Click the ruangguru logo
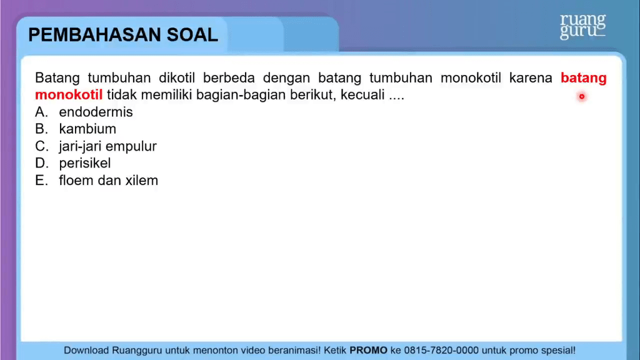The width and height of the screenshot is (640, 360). click(x=582, y=26)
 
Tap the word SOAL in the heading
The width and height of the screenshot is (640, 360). click(x=192, y=35)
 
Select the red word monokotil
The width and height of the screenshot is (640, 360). click(x=69, y=95)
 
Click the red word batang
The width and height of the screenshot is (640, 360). click(x=584, y=78)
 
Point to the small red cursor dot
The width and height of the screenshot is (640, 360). click(x=582, y=97)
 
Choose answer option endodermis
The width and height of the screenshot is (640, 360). click(x=96, y=112)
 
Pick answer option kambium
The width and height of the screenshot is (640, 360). click(x=87, y=129)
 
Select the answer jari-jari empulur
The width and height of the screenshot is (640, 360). click(x=107, y=146)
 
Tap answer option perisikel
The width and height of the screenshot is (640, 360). click(x=85, y=163)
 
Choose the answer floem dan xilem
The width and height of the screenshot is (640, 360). click(x=109, y=181)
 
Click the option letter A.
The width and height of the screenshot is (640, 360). click(x=41, y=112)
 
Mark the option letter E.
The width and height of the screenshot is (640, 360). click(x=41, y=181)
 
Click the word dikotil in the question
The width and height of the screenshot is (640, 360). click(x=177, y=77)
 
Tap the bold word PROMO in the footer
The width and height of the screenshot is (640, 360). click(x=368, y=350)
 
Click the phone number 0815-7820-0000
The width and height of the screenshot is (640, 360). click(x=441, y=350)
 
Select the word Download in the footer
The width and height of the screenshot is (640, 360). click(x=86, y=350)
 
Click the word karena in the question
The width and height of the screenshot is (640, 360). click(x=531, y=77)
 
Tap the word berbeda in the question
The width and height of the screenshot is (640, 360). click(x=229, y=77)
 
